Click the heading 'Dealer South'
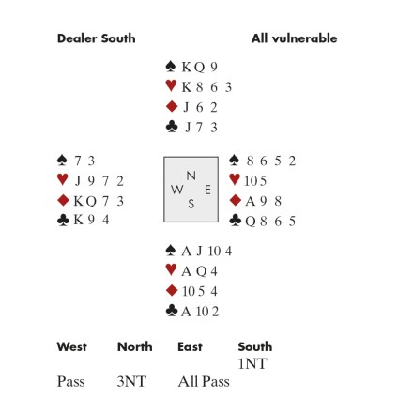coord(97,38)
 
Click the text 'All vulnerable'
coord(294,38)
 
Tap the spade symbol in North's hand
coord(171,67)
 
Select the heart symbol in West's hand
coord(63,179)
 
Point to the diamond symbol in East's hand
coord(236,200)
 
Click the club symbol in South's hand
coord(172,311)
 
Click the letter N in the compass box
coord(191,176)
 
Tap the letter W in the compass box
coord(177,190)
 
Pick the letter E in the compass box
coord(207,190)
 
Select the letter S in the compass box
coord(191,204)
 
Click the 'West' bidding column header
coord(72,346)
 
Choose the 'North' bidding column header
coord(135,346)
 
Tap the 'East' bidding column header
coord(190,346)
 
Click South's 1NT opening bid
coord(252,364)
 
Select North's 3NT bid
coord(131,381)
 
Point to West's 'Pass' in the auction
coord(71,381)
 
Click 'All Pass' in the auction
coord(204,381)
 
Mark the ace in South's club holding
coord(186,312)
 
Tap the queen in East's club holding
coord(251,222)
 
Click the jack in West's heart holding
coord(78,180)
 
